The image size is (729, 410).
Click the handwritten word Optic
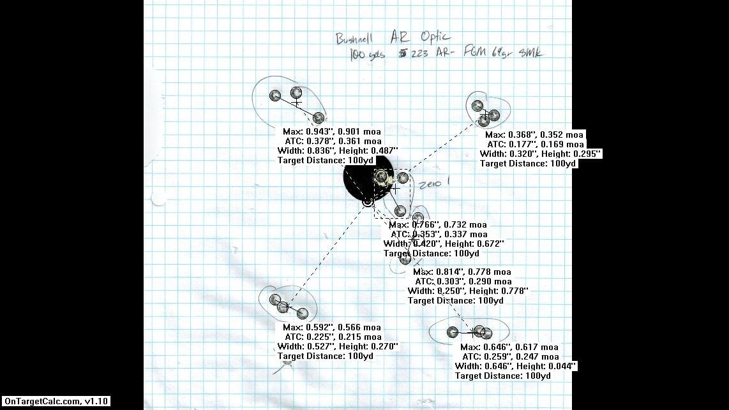tap(431, 37)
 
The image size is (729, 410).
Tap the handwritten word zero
tap(430, 185)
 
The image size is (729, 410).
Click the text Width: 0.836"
tap(304, 150)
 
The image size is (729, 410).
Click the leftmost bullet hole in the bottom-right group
tap(453, 332)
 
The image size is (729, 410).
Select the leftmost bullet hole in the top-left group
tap(275, 96)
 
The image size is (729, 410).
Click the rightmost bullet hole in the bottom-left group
tap(303, 313)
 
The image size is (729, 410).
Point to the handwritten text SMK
tap(530, 53)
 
